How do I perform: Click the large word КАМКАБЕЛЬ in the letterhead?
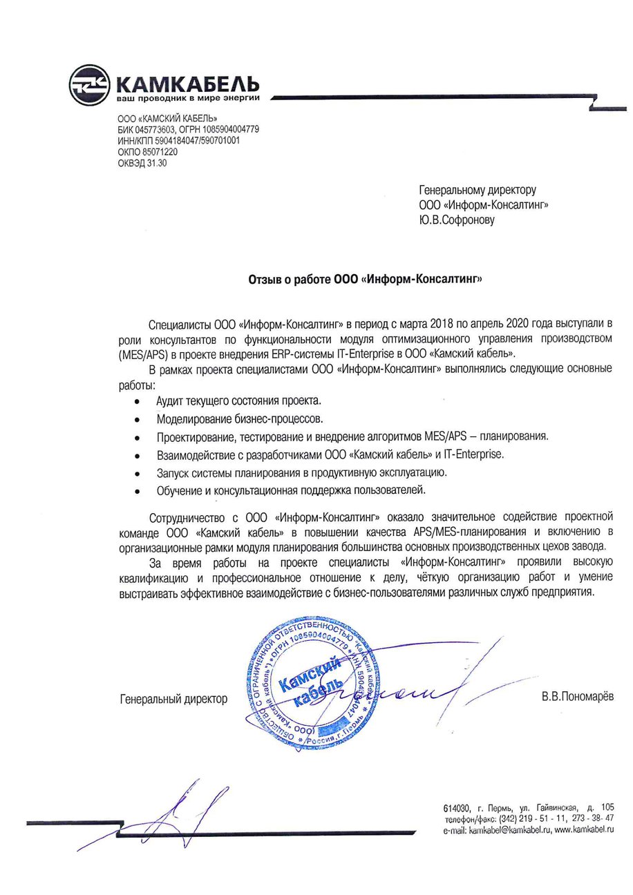coord(189,84)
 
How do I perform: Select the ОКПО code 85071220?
coord(157,152)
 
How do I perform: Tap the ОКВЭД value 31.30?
coord(157,164)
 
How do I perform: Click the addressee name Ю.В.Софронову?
coord(457,220)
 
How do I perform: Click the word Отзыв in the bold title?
coord(265,280)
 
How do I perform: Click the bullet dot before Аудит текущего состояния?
coord(139,401)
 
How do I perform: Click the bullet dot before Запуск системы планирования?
coord(139,474)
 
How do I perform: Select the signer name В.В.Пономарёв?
coord(577,699)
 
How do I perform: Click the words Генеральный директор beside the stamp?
coord(173,700)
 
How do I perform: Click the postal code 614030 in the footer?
coord(457,808)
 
